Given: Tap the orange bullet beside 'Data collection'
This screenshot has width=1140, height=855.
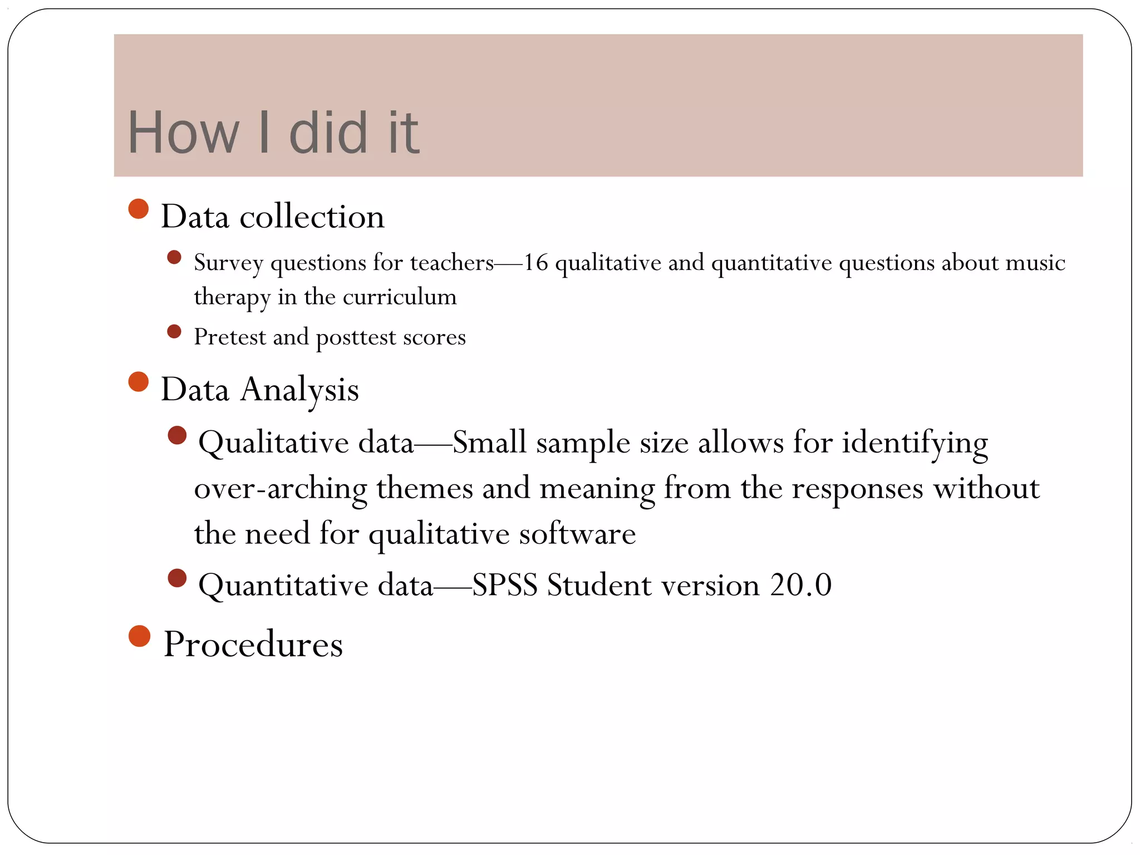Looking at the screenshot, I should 139,209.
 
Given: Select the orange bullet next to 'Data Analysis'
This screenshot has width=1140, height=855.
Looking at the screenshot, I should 139,382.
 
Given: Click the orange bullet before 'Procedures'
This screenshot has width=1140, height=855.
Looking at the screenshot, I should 139,636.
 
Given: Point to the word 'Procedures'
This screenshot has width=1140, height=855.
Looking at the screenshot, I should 253,644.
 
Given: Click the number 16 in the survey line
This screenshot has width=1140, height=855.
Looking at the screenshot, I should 535,262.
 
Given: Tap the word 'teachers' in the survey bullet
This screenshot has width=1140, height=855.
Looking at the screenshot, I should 452,262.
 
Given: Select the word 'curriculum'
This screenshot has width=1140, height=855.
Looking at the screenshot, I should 400,297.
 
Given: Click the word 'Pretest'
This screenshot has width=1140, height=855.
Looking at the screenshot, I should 230,337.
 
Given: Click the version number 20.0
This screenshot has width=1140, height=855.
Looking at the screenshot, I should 801,585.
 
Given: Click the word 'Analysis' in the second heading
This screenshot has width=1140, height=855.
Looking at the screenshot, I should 299,390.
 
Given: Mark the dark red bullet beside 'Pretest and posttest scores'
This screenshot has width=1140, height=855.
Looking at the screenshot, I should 174,332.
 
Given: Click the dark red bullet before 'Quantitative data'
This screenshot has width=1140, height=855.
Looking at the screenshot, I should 177,578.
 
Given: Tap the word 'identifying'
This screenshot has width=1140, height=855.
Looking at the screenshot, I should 915,444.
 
